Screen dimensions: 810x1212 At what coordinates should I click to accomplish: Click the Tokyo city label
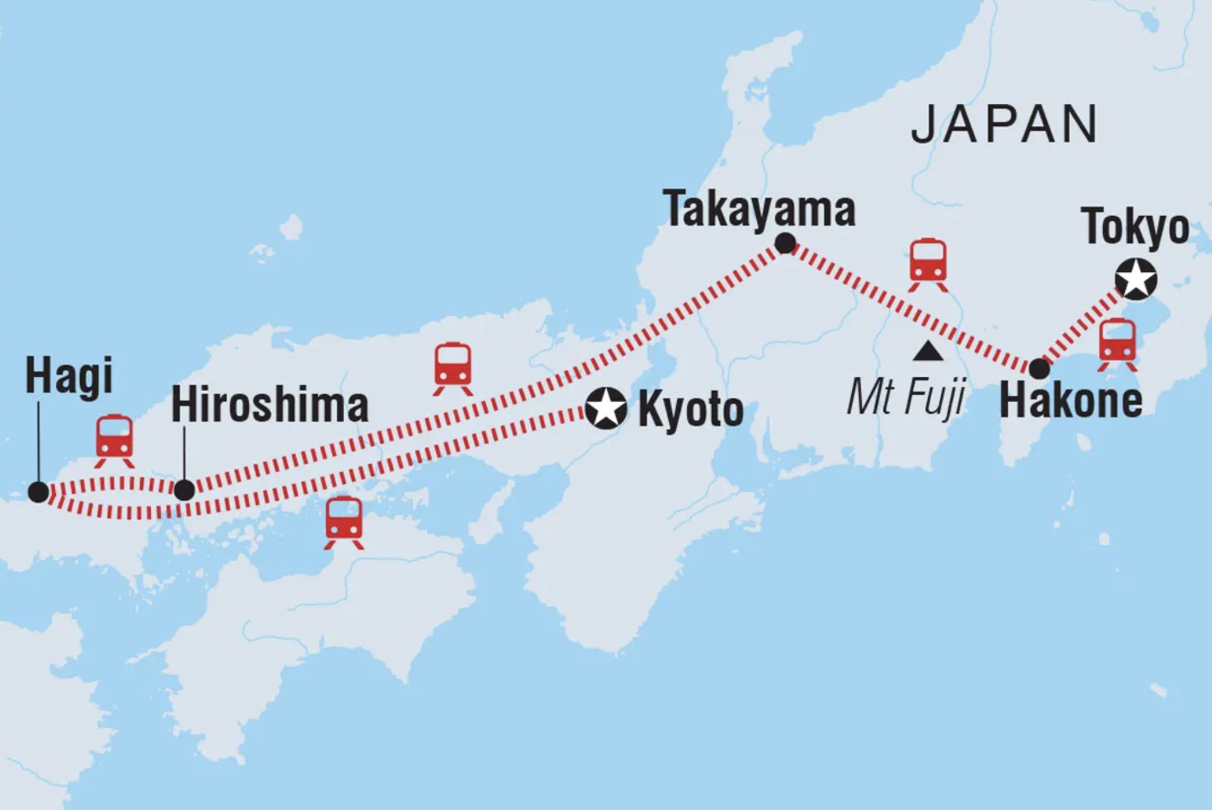click(1135, 227)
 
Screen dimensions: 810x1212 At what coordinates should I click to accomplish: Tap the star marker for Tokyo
click(1136, 280)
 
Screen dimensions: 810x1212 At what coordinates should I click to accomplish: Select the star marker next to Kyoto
click(605, 408)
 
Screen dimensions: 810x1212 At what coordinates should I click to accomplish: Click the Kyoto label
click(690, 410)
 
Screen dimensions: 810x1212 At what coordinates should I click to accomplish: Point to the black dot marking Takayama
click(786, 244)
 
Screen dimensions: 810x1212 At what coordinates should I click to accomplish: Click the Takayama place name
click(758, 209)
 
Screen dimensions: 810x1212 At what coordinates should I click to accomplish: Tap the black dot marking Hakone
click(1039, 368)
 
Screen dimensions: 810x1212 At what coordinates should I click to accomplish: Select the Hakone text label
click(1070, 401)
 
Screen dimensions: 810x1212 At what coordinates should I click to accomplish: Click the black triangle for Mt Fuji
click(927, 352)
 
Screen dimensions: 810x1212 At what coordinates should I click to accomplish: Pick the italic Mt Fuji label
click(905, 396)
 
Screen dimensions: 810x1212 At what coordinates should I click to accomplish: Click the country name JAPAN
click(1004, 124)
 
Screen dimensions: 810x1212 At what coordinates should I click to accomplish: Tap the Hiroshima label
click(269, 406)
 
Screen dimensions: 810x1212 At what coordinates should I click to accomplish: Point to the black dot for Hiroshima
click(184, 490)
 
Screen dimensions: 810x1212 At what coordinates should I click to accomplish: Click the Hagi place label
click(68, 376)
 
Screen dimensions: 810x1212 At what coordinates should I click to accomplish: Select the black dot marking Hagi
click(38, 492)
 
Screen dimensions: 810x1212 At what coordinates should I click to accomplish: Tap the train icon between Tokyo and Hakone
click(1117, 344)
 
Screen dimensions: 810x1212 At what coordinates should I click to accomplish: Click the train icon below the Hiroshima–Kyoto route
click(344, 522)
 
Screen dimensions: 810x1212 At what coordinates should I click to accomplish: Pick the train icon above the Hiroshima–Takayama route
click(453, 368)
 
